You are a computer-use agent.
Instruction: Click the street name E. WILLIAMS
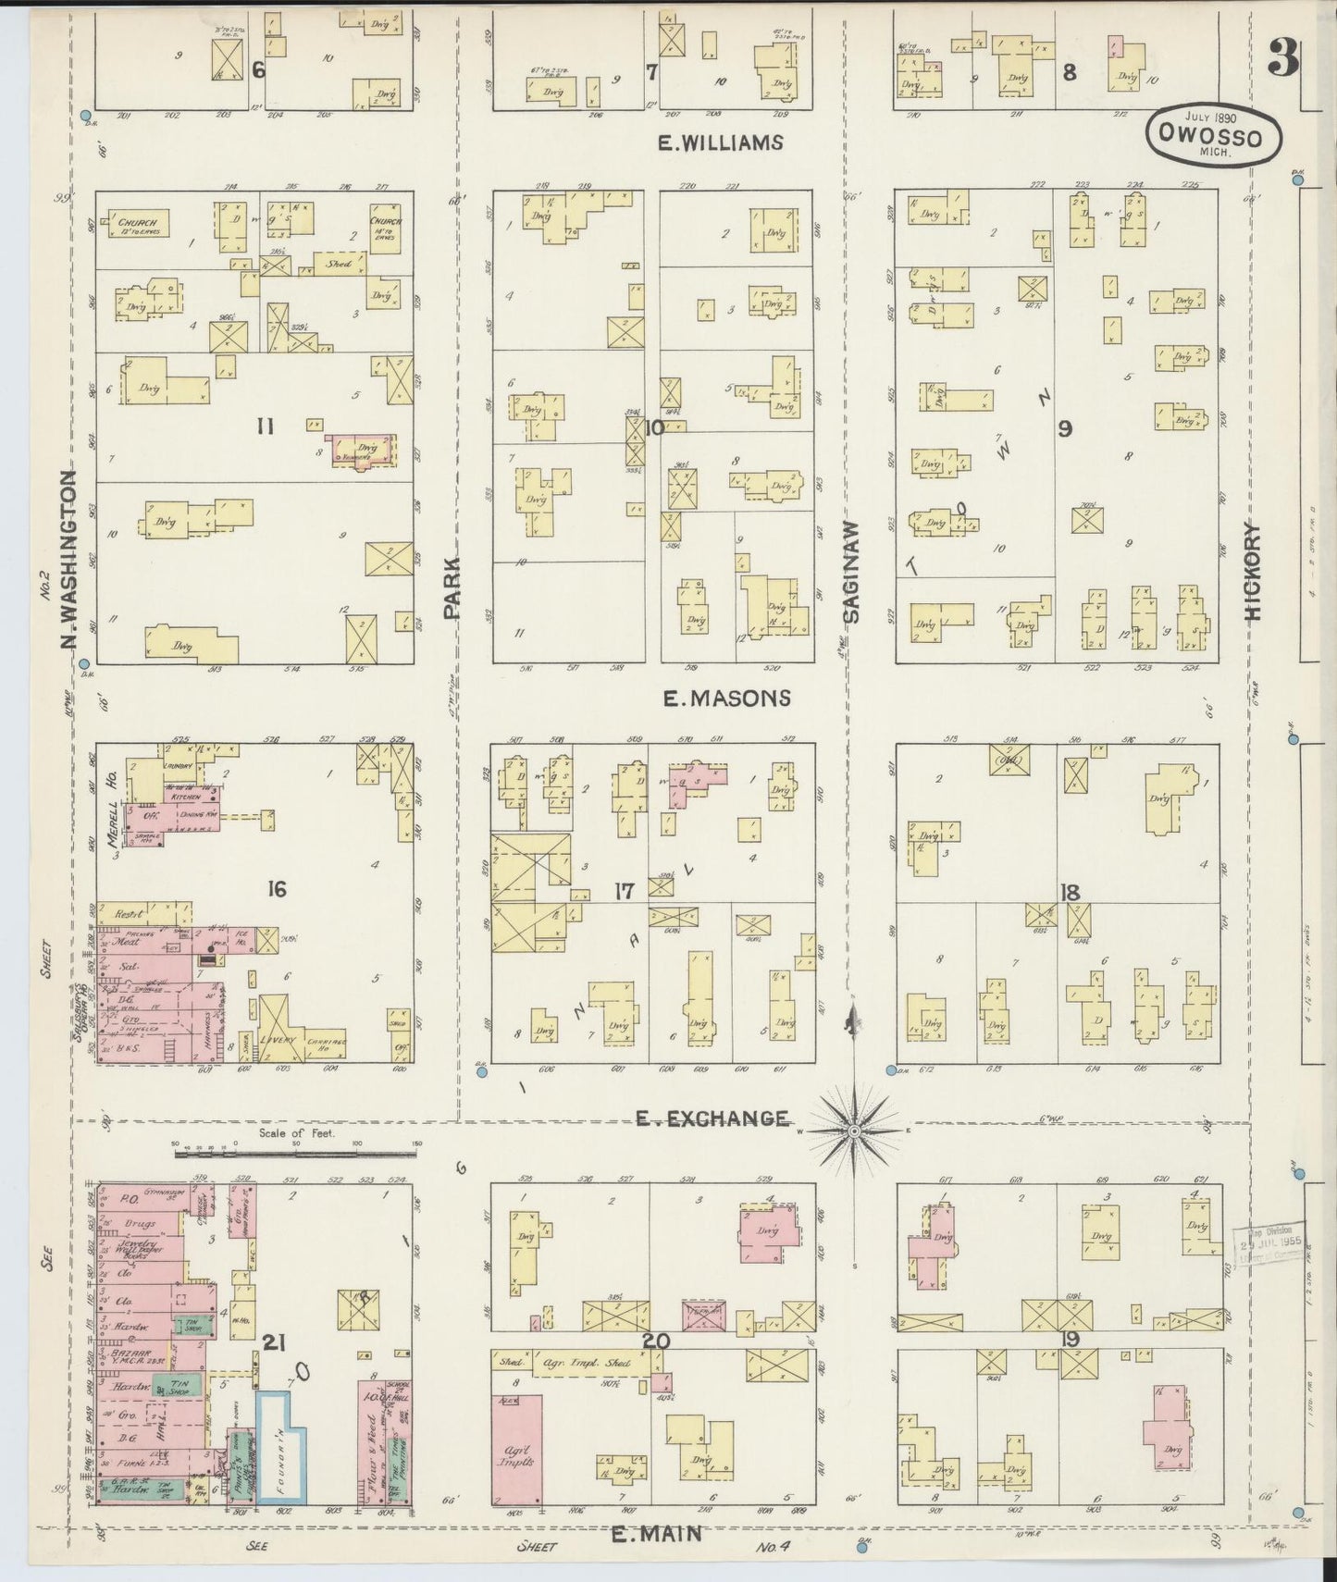tap(720, 142)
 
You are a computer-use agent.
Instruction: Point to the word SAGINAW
tap(851, 571)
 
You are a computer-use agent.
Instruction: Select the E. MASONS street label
tap(726, 698)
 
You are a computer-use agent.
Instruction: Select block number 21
tap(272, 1341)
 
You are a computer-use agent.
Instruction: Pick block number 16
tap(276, 890)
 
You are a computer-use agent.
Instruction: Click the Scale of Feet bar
tap(296, 1145)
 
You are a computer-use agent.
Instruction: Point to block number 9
tap(1065, 428)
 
